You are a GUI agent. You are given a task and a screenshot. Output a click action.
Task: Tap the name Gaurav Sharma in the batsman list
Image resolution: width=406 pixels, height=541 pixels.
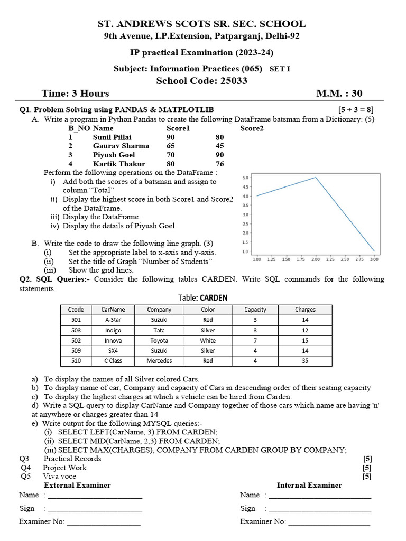[x=121, y=146]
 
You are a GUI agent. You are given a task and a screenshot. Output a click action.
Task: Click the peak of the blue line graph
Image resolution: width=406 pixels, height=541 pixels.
[x=316, y=178]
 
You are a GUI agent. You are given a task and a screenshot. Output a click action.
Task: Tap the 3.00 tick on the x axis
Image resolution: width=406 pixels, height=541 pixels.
[x=374, y=259]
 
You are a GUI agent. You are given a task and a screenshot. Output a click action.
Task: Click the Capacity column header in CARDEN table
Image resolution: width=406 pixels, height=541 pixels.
[x=255, y=310]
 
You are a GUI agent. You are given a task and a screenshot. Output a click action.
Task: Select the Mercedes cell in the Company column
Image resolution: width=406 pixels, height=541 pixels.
[x=159, y=361]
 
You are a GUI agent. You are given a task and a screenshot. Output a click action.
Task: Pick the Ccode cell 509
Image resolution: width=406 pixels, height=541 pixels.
[x=75, y=350]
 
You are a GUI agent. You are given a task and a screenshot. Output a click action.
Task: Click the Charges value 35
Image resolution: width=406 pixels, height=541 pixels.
[x=305, y=361]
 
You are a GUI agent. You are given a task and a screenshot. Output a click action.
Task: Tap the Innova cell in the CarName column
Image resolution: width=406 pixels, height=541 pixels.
[x=113, y=341]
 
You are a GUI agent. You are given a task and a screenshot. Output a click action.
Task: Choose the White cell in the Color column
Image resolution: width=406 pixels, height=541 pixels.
[x=208, y=341]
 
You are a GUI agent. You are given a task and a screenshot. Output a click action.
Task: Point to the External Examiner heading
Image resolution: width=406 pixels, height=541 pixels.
[x=77, y=485]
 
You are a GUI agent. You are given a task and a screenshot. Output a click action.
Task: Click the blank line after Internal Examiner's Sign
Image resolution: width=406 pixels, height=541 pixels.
[x=319, y=509]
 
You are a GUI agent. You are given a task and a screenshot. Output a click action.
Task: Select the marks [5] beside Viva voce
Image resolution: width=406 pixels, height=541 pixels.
[x=367, y=476]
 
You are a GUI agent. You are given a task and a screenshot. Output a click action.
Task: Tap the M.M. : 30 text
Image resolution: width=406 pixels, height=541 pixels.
[x=339, y=94]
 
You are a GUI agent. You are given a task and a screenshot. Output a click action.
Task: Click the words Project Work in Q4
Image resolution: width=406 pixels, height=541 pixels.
[x=64, y=468]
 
